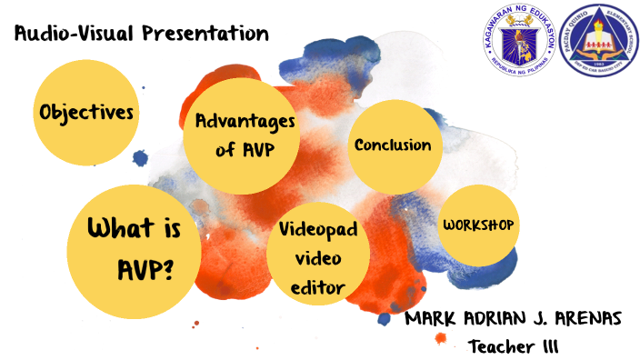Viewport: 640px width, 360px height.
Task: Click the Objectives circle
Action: coord(86,114)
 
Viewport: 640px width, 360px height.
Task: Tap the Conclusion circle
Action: coord(393,145)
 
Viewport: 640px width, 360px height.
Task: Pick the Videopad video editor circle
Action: coord(318,258)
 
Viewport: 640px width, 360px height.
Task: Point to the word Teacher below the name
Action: coord(503,346)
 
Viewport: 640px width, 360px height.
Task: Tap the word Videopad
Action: coord(318,231)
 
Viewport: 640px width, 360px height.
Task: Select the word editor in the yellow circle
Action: coord(318,288)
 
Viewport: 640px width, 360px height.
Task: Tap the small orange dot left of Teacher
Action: coord(441,338)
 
